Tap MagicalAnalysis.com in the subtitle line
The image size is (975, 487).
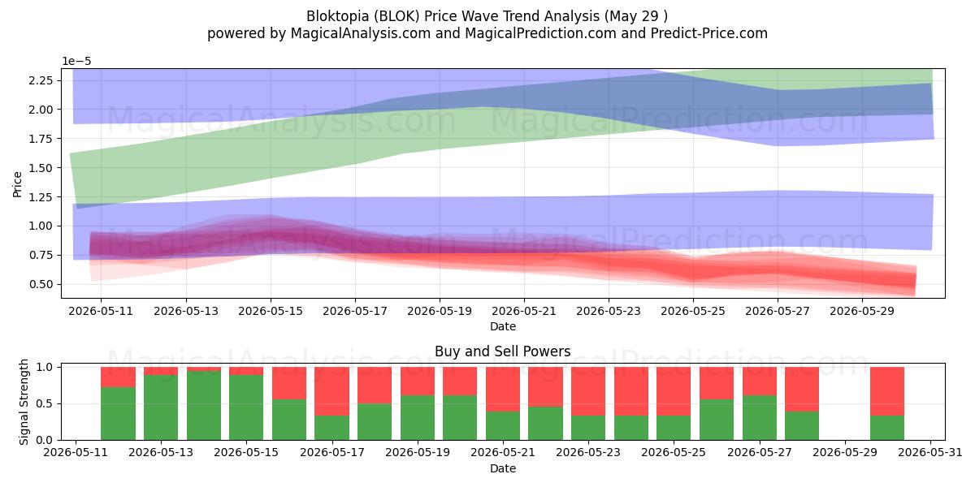pyautogui.click(x=361, y=33)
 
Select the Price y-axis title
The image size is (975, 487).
pyautogui.click(x=17, y=184)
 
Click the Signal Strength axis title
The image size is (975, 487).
pyautogui.click(x=24, y=402)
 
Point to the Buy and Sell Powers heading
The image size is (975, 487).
pyautogui.click(x=503, y=351)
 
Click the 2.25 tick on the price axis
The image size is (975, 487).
pyautogui.click(x=41, y=80)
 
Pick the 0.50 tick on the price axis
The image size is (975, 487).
pyautogui.click(x=41, y=284)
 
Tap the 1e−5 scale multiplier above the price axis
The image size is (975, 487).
pyautogui.click(x=76, y=62)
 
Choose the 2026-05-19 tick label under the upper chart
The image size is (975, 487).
pyautogui.click(x=440, y=312)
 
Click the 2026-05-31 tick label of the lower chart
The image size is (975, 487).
pyautogui.click(x=930, y=453)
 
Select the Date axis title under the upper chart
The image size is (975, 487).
pyautogui.click(x=503, y=326)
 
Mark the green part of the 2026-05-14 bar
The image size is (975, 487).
pyautogui.click(x=204, y=405)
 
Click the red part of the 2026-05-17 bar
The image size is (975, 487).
pyautogui.click(x=331, y=391)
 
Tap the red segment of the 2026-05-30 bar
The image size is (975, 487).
pyautogui.click(x=887, y=391)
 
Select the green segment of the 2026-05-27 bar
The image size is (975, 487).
pyautogui.click(x=760, y=417)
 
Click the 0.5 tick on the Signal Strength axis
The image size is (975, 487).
pyautogui.click(x=44, y=404)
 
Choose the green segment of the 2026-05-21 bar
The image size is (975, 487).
pyautogui.click(x=503, y=425)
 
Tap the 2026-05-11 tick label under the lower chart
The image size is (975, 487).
pyautogui.click(x=76, y=453)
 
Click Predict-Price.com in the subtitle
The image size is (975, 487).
pyautogui.click(x=709, y=33)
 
